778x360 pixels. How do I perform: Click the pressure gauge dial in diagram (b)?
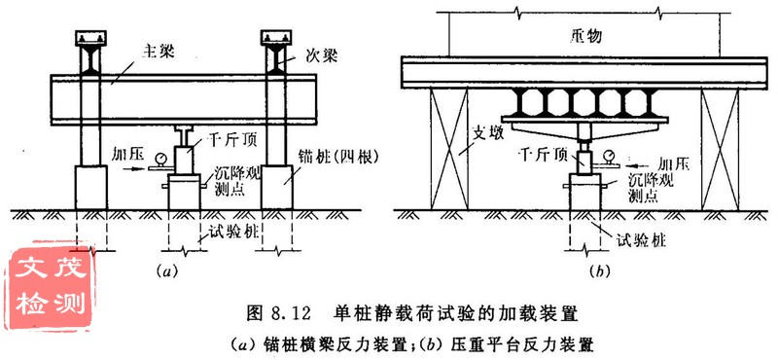point(608,155)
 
